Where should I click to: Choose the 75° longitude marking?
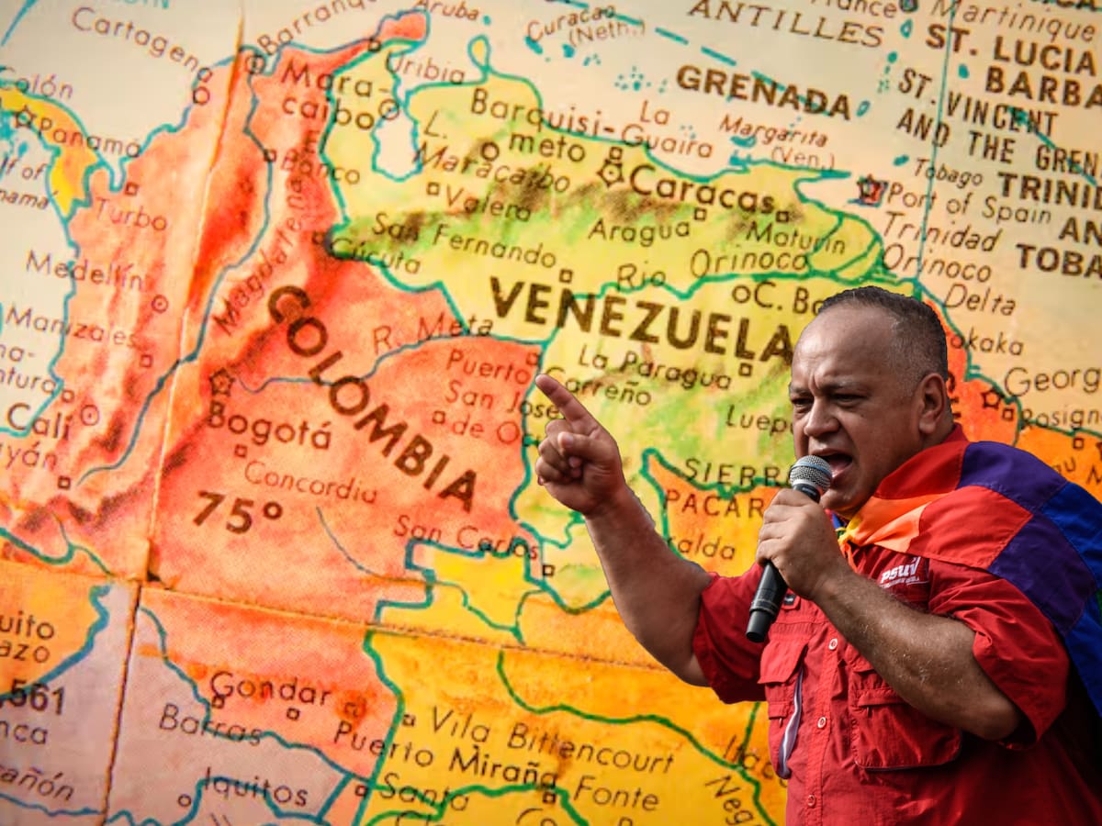(237, 511)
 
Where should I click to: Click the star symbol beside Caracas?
(611, 172)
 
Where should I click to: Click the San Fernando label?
(464, 241)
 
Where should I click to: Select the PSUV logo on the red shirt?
(901, 571)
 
